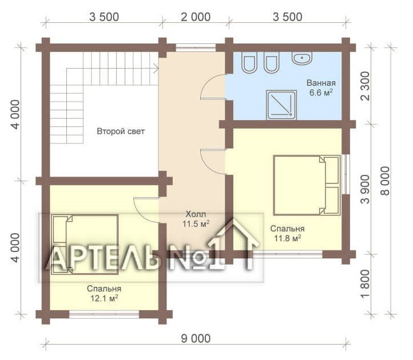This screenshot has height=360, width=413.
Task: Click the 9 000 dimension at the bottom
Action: [196, 338]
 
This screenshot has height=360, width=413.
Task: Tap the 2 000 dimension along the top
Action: [196, 17]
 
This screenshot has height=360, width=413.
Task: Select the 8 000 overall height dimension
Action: [385, 181]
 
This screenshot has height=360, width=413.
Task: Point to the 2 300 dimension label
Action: [366, 86]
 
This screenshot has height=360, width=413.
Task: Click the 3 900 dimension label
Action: [366, 190]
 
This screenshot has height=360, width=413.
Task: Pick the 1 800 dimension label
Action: [366, 283]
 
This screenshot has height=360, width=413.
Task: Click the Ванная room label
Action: [321, 83]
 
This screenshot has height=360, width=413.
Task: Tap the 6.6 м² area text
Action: [321, 93]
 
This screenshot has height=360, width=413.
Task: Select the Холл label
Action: [196, 214]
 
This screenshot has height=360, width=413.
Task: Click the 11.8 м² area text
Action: [287, 238]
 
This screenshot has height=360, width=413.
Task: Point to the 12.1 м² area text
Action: [104, 298]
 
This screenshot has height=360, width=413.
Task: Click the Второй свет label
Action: [121, 131]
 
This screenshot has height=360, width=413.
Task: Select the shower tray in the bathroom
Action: [281, 105]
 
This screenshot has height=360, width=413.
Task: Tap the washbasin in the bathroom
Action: [302, 58]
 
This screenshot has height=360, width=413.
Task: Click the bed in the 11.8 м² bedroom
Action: [307, 185]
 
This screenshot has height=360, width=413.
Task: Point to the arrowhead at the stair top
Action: [156, 69]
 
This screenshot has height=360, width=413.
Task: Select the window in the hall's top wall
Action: [196, 47]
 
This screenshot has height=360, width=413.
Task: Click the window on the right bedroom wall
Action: [346, 174]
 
